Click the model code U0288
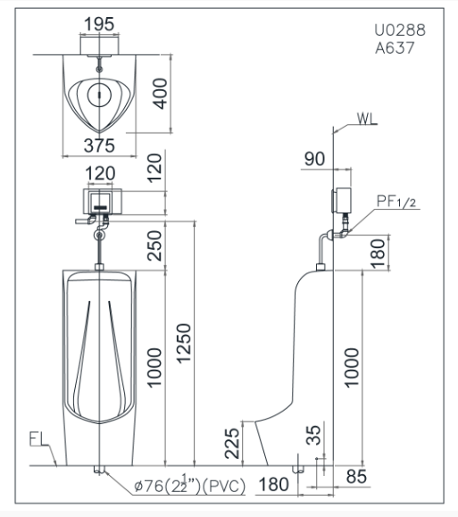pyautogui.click(x=400, y=30)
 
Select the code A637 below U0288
pyautogui.click(x=395, y=48)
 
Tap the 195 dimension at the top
pyautogui.click(x=99, y=24)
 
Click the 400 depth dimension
pyautogui.click(x=160, y=94)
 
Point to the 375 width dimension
pyautogui.click(x=99, y=146)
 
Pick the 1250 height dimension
pyautogui.click(x=184, y=343)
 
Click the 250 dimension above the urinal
pyautogui.click(x=154, y=246)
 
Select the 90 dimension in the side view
pyautogui.click(x=314, y=159)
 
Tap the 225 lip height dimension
pyautogui.click(x=232, y=444)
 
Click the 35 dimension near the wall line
pyautogui.click(x=313, y=435)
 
